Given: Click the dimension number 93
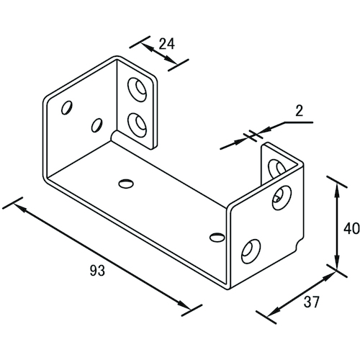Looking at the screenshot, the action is click(97, 271).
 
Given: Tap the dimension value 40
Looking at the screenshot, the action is click(351, 228).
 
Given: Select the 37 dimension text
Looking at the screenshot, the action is click(312, 302).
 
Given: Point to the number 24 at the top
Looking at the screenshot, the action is click(167, 44).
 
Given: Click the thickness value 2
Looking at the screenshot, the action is click(299, 111).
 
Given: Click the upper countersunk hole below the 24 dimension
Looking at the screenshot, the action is click(137, 89).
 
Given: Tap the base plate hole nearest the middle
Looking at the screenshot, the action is click(126, 184).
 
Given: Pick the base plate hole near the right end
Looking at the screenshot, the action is click(217, 238).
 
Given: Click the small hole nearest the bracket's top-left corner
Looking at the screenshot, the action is click(67, 108).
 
